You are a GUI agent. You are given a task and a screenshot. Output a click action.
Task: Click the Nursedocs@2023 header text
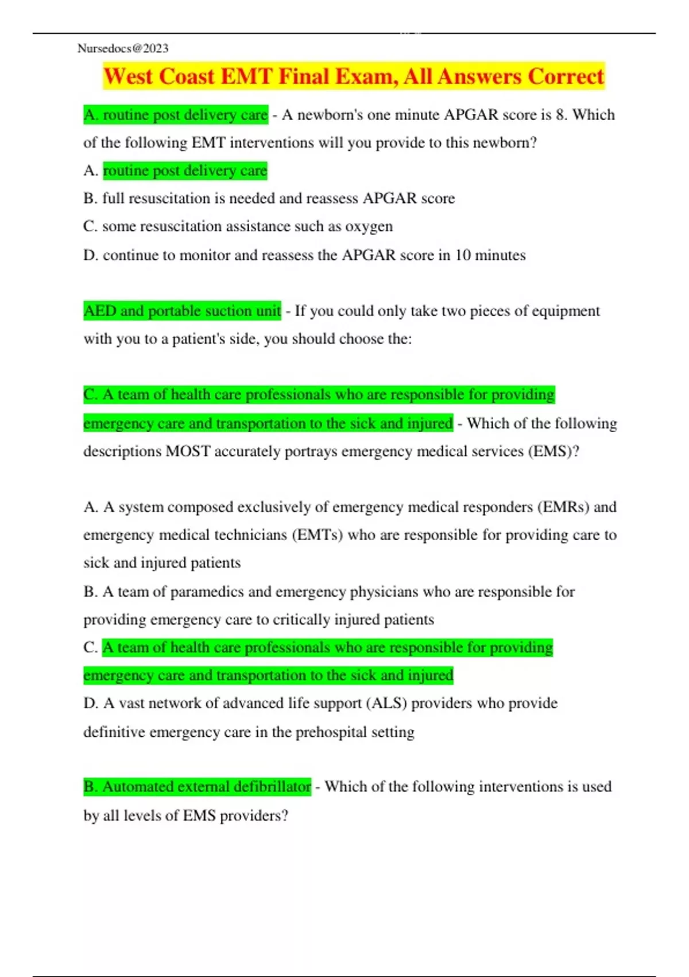[x=123, y=48]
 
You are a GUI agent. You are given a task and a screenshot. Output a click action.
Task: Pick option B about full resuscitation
[x=269, y=198]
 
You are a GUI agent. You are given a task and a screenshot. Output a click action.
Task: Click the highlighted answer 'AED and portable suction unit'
[x=182, y=311]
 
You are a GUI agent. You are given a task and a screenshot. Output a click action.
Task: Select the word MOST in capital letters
[x=188, y=451]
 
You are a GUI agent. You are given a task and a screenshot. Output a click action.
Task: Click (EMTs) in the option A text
[x=318, y=535]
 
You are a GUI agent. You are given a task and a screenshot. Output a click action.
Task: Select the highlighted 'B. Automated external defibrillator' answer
[x=197, y=786]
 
